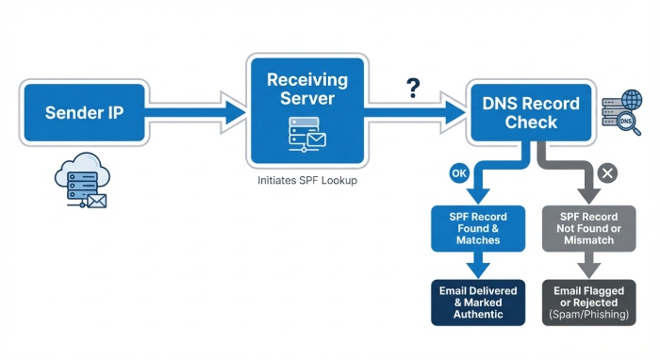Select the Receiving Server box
pos(306,108)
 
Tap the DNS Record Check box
pos(531,113)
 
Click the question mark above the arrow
pos(412,89)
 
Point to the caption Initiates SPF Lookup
pos(307,179)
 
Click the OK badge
pos(459,173)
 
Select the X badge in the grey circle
pos(608,172)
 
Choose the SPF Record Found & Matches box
pos(478,227)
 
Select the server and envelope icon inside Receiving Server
pos(306,135)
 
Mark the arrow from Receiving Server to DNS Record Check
pos(415,112)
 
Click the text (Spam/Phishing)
pos(586,315)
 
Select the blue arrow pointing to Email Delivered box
pos(478,266)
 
